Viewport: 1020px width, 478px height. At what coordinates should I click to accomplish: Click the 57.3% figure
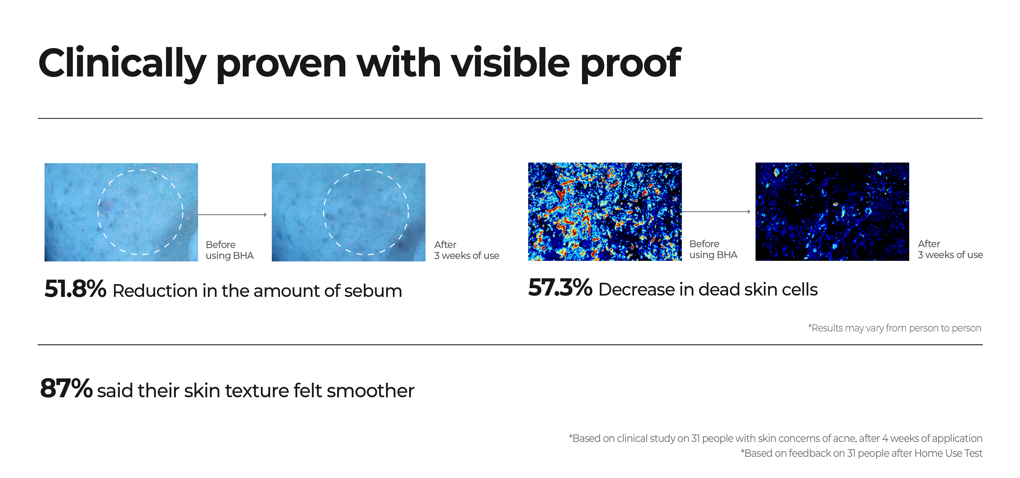(x=560, y=287)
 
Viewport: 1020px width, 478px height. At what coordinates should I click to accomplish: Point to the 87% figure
(x=66, y=388)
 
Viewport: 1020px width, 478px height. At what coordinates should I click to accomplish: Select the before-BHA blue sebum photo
(x=121, y=212)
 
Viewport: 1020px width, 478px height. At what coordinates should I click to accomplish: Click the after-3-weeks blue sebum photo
(x=348, y=212)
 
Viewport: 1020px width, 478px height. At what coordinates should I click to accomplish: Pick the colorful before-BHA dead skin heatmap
(x=605, y=211)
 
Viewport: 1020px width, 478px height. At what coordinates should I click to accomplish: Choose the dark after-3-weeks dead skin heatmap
(x=832, y=211)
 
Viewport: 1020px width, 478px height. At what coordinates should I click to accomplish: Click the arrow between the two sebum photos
(x=232, y=215)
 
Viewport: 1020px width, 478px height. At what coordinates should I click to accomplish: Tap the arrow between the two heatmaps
(x=716, y=212)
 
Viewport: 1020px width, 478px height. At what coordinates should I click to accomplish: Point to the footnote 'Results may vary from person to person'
(x=894, y=328)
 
